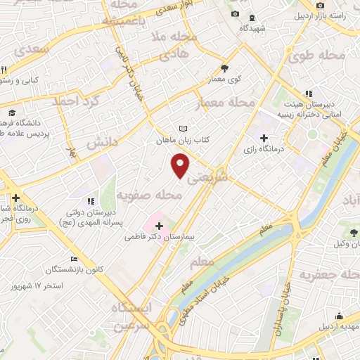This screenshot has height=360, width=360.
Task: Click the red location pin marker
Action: click(x=181, y=166)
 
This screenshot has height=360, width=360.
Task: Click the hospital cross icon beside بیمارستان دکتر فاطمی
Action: click(x=159, y=226)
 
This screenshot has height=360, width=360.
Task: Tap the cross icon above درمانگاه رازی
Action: click(x=264, y=137)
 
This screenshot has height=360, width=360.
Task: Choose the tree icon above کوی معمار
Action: click(x=224, y=68)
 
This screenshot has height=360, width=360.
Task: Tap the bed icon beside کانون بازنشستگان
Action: click(x=74, y=259)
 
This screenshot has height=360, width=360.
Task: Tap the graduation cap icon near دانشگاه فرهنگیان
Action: click(x=11, y=112)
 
